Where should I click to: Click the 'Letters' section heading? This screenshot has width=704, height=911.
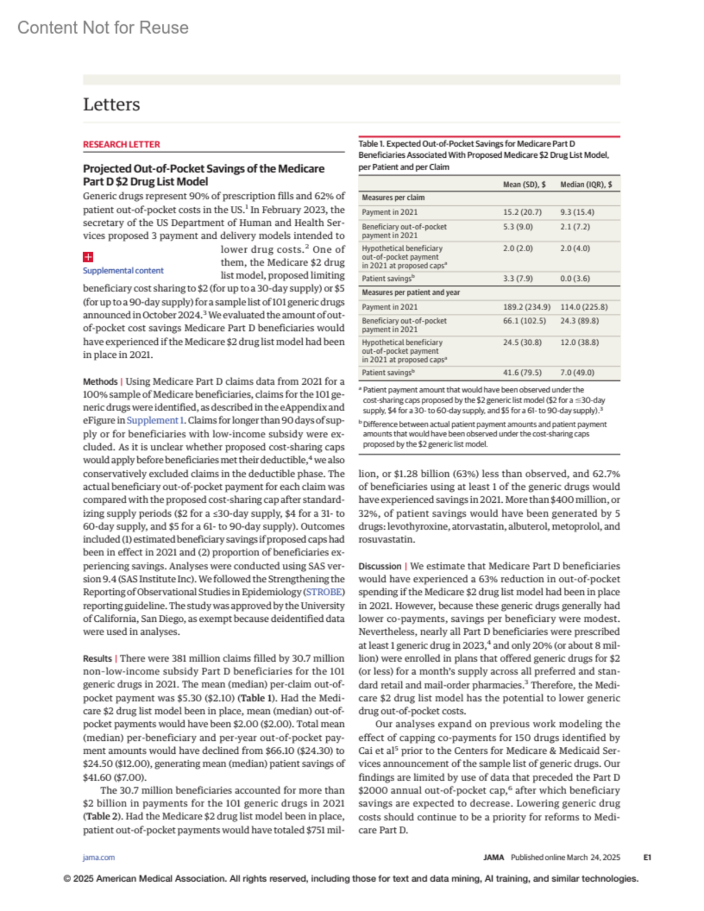pyautogui.click(x=111, y=104)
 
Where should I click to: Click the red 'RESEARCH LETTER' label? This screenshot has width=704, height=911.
pyautogui.click(x=121, y=144)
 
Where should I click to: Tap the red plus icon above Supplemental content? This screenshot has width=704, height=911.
pyautogui.click(x=88, y=257)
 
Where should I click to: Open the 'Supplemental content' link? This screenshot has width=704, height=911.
pyautogui.click(x=123, y=270)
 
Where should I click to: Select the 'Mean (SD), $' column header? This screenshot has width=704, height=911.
pyautogui.click(x=524, y=185)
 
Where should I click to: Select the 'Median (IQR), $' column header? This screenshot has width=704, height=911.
pyautogui.click(x=585, y=185)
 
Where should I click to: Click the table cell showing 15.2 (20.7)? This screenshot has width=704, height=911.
pyautogui.click(x=522, y=212)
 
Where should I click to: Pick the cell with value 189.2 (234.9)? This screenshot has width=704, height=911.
pyautogui.click(x=526, y=307)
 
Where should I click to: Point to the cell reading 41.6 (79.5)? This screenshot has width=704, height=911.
pyautogui.click(x=522, y=372)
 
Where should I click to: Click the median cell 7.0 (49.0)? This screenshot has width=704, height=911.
pyautogui.click(x=577, y=372)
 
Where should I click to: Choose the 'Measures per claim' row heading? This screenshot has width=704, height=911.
pyautogui.click(x=393, y=198)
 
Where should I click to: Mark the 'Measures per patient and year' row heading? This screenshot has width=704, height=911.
pyautogui.click(x=411, y=292)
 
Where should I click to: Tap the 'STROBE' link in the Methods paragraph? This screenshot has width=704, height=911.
pyautogui.click(x=324, y=592)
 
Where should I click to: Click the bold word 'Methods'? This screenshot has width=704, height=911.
pyautogui.click(x=100, y=381)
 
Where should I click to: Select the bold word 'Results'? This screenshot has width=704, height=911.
pyautogui.click(x=97, y=658)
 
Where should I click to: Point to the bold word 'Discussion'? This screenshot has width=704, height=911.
pyautogui.click(x=380, y=566)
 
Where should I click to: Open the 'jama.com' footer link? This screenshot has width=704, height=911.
pyautogui.click(x=99, y=858)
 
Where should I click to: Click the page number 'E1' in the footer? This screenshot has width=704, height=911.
pyautogui.click(x=647, y=858)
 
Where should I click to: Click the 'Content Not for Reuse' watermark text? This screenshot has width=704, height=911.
pyautogui.click(x=103, y=28)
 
